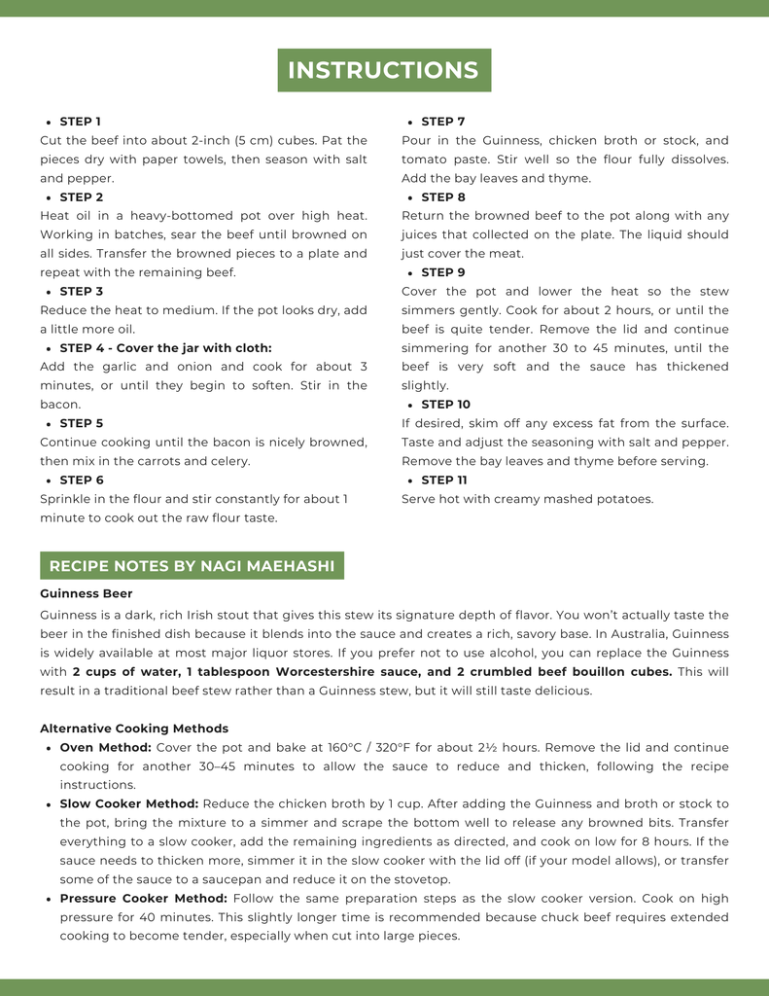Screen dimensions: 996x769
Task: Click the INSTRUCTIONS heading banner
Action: tap(384, 70)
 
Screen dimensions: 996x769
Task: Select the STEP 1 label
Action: tap(80, 122)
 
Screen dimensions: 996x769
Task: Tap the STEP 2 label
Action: tap(82, 197)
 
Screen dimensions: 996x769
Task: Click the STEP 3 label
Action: tap(82, 292)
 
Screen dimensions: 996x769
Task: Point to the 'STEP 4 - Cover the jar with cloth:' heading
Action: tap(165, 348)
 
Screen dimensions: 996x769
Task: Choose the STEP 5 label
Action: tap(82, 424)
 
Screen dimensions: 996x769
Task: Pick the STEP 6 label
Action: tap(82, 480)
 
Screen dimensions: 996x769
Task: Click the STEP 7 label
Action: tap(443, 122)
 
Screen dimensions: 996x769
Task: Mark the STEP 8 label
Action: tap(443, 197)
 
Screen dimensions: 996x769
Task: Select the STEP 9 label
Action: tap(443, 273)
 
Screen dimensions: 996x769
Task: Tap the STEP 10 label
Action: tap(445, 405)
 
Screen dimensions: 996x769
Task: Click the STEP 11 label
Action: tap(444, 480)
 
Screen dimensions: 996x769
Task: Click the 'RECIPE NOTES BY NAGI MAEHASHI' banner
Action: tap(192, 566)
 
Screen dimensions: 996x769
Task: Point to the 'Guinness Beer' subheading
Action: tap(87, 593)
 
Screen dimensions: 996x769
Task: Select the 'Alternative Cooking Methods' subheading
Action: tap(134, 729)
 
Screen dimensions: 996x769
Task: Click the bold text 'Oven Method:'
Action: tap(105, 748)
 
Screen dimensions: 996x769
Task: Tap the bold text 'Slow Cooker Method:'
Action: tap(129, 804)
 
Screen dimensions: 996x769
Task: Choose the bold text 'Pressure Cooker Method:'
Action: tap(144, 899)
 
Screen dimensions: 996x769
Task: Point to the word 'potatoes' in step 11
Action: tap(624, 500)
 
